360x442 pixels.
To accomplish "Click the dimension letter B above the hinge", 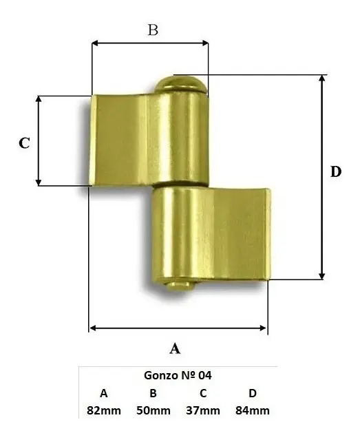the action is tap(153, 30).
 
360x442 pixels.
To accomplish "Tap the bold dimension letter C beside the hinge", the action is tap(24, 143).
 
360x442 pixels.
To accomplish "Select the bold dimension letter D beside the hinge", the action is tap(336, 171).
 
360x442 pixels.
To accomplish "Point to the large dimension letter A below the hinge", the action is tap(175, 348).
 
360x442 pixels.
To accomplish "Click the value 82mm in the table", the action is tap(104, 410).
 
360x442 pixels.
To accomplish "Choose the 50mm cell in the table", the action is tap(153, 410).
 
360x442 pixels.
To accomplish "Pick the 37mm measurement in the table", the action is tap(203, 410).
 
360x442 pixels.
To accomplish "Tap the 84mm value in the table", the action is tap(253, 410).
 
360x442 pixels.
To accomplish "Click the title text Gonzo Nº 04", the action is tap(178, 375).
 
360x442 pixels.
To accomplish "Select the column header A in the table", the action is tap(104, 393).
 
